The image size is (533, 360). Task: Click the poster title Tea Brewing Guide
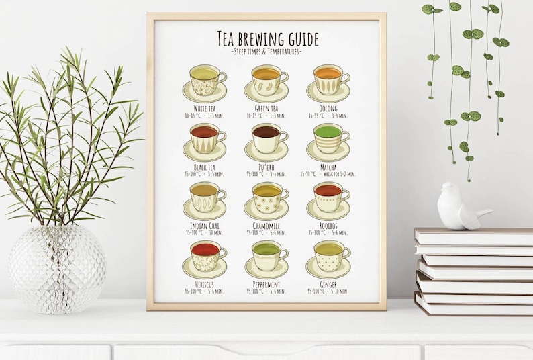click(267, 39)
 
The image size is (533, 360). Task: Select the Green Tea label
click(266, 108)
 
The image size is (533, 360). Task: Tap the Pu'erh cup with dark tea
click(268, 139)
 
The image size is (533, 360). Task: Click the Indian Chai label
click(204, 226)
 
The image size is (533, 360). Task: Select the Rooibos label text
click(328, 226)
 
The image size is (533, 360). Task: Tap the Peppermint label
click(266, 285)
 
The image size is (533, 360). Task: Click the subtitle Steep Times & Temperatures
click(266, 52)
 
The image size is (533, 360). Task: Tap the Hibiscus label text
click(204, 285)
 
